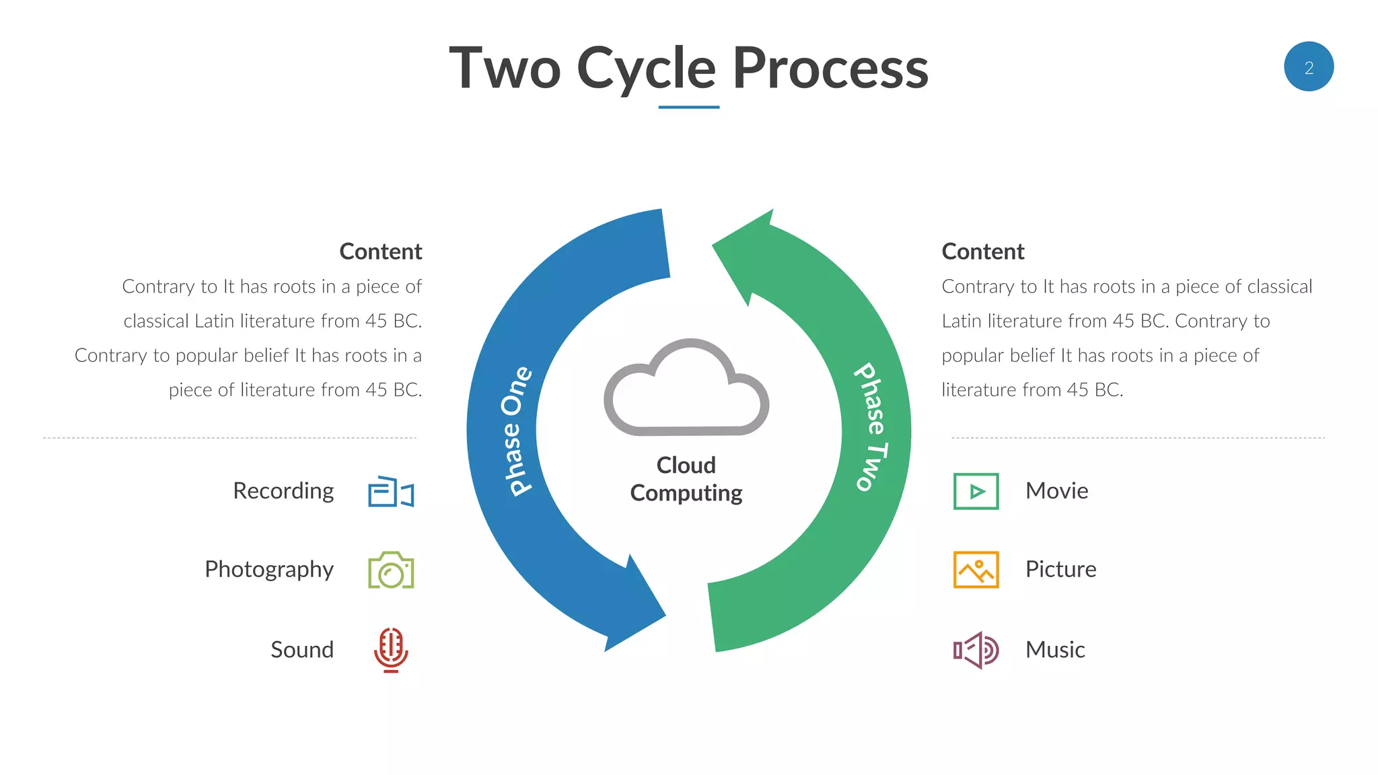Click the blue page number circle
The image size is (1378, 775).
[1308, 67]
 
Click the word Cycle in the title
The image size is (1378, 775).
[646, 69]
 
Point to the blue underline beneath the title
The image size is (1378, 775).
[688, 107]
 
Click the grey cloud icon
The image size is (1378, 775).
[686, 390]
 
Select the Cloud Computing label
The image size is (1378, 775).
[686, 479]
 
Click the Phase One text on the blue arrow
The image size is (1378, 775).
[517, 431]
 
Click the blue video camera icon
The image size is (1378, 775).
[391, 492]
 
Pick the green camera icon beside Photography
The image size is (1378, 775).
[391, 570]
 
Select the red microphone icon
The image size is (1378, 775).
[391, 649]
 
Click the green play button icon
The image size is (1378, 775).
[976, 491]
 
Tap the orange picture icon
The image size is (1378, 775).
[976, 569]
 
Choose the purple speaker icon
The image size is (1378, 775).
[976, 650]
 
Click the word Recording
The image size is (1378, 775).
[283, 491]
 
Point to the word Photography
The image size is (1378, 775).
[269, 570]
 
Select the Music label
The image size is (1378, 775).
[1055, 650]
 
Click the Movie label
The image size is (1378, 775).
[1056, 491]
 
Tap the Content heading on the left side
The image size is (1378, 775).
[381, 252]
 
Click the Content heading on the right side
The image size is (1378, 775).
[983, 252]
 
